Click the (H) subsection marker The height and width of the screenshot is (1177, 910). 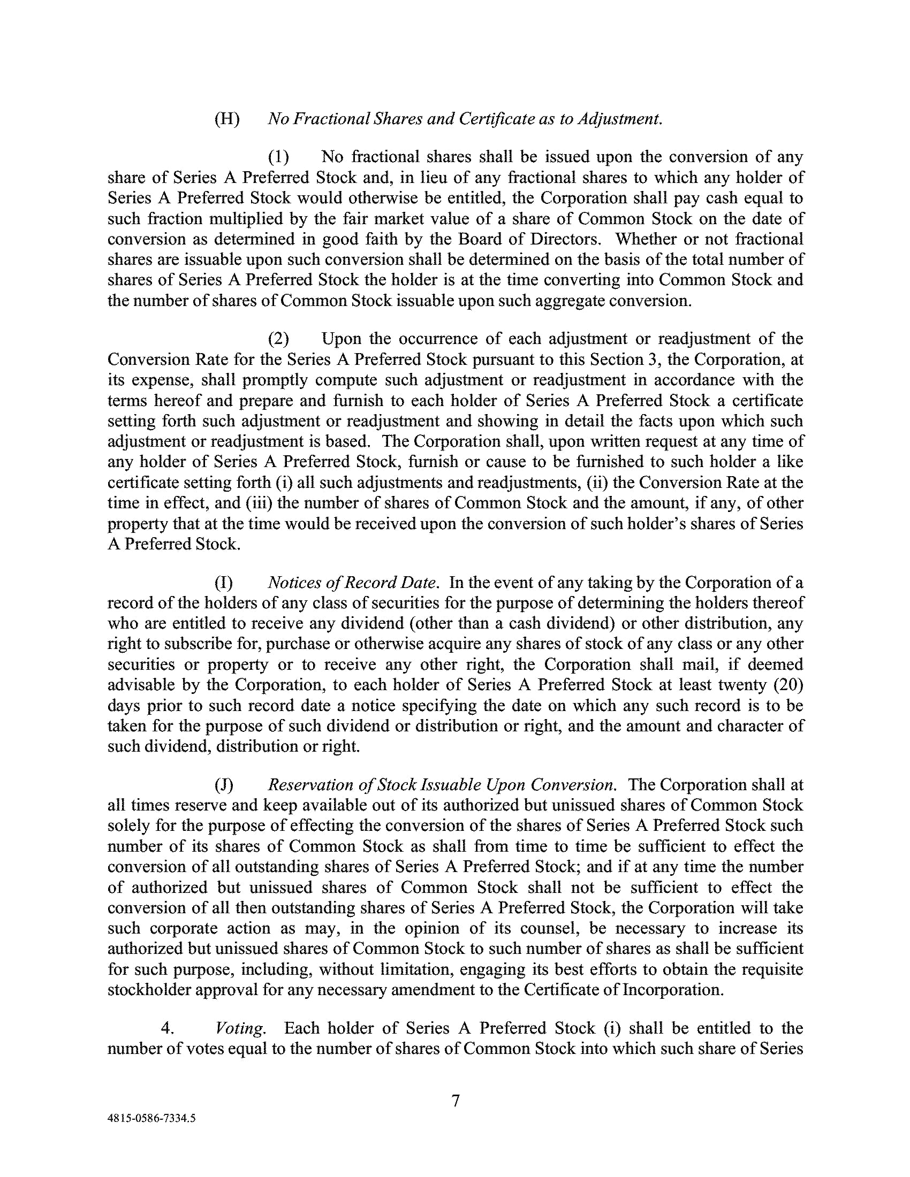[x=227, y=119]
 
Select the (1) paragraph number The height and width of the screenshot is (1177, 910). [x=279, y=157]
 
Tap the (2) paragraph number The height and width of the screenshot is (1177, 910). [x=279, y=339]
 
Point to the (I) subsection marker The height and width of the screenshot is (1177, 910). [x=224, y=583]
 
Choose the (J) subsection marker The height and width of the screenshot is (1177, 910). [x=224, y=785]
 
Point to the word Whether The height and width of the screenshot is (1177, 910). [x=646, y=239]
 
